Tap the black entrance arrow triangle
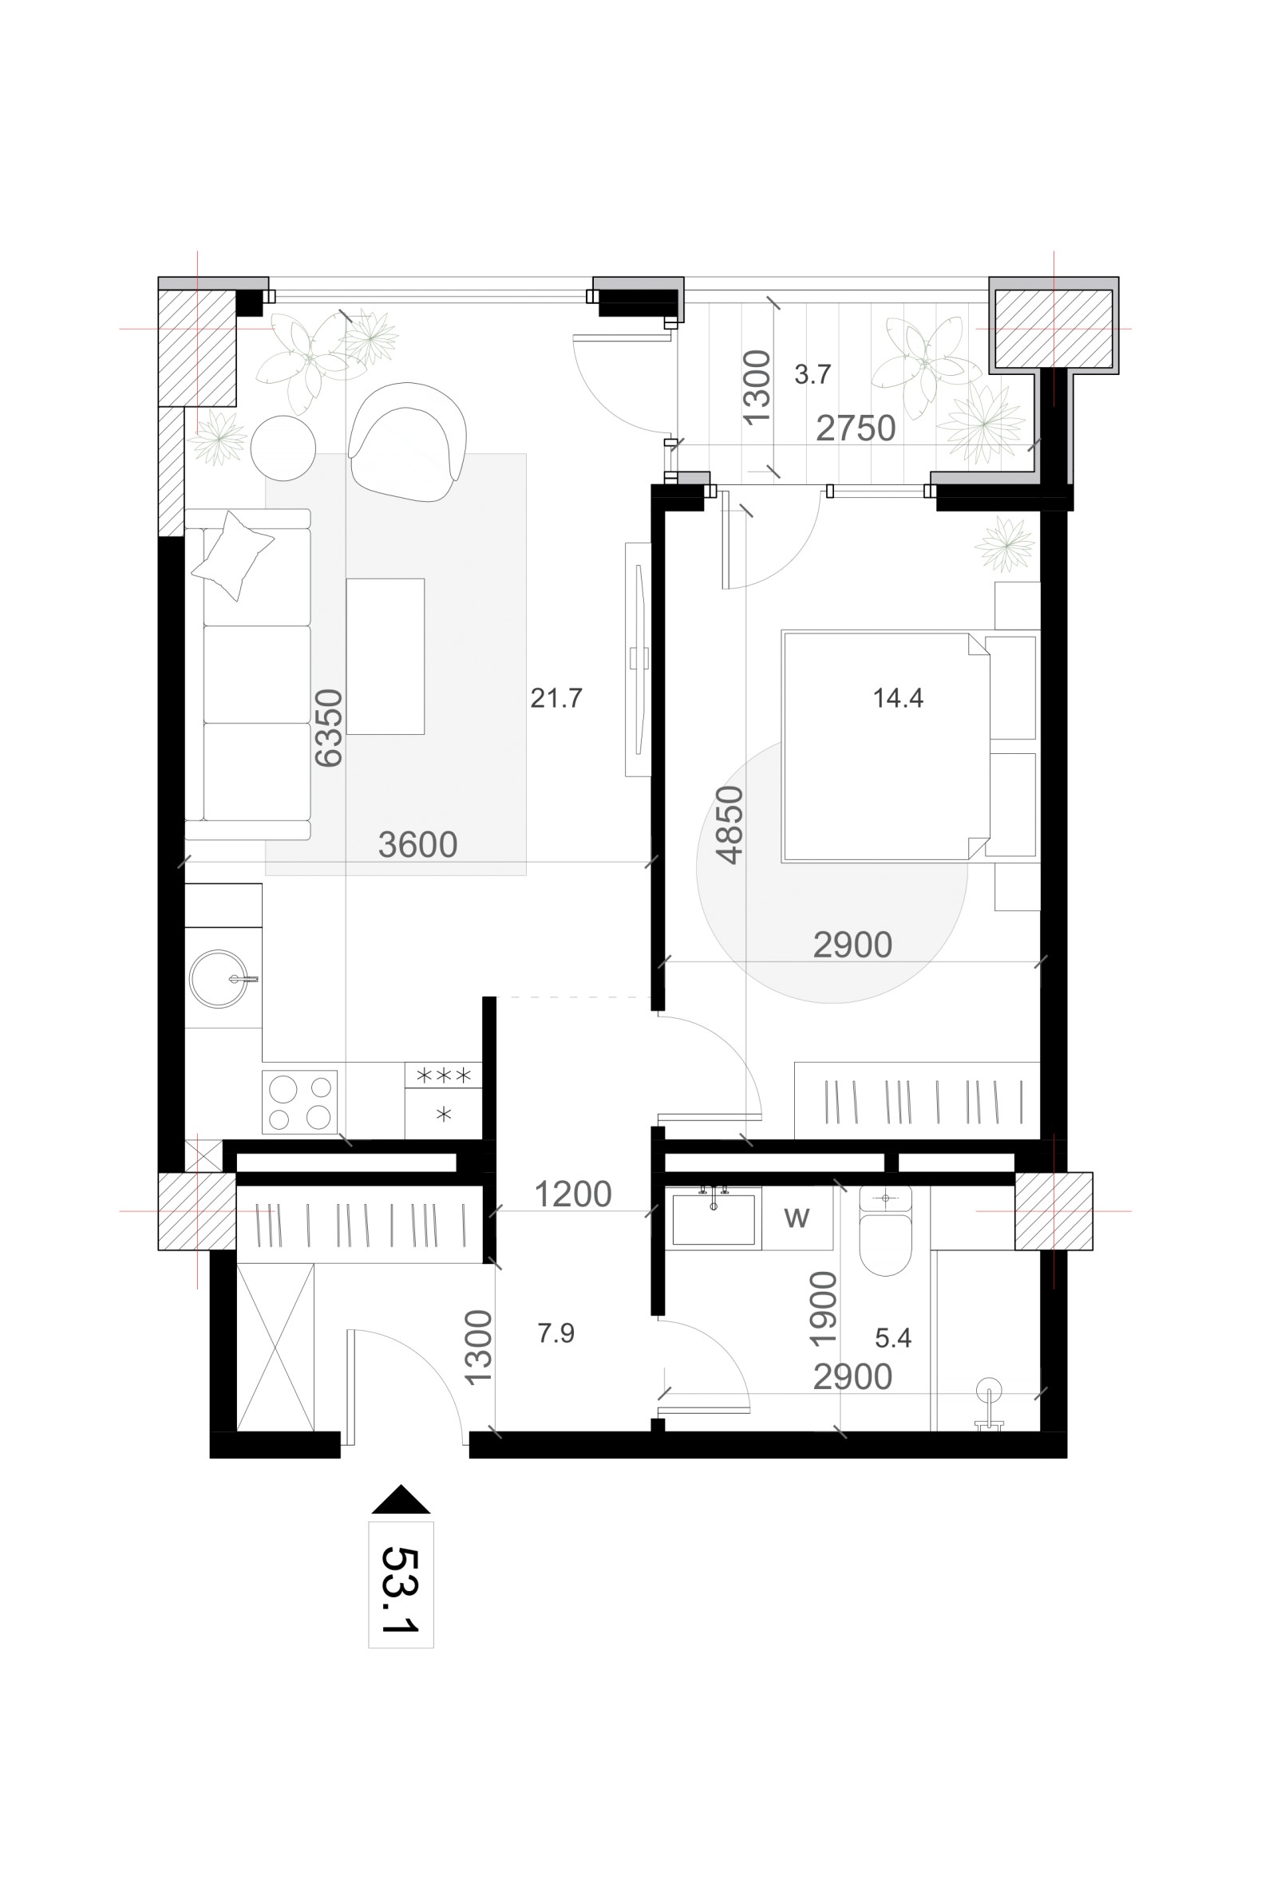point(401,1500)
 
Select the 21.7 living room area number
point(555,697)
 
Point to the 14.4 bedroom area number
point(898,697)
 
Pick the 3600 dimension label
point(417,845)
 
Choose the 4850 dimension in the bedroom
point(729,826)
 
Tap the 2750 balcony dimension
point(856,428)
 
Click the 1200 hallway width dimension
point(573,1194)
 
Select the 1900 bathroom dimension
point(823,1309)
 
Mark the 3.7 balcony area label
point(812,374)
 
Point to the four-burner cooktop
point(300,1102)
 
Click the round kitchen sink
point(219,979)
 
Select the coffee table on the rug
point(385,657)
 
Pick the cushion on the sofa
point(232,556)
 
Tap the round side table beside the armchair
point(283,448)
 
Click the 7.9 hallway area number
point(555,1332)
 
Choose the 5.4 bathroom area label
point(893,1338)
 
